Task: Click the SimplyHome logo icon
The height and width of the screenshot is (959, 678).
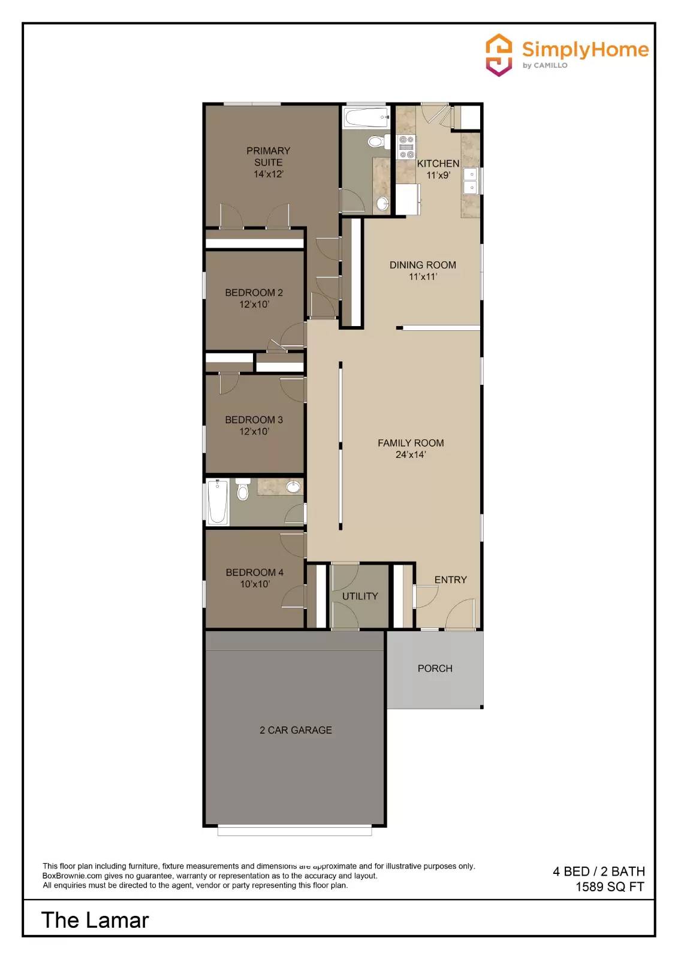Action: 499,55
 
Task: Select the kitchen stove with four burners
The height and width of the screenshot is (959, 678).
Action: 406,147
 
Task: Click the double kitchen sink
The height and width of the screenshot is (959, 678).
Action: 472,180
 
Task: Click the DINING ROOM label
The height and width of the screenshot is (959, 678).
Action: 423,265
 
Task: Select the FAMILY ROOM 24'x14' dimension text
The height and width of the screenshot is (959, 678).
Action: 411,455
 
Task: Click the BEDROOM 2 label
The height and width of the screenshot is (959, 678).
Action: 254,292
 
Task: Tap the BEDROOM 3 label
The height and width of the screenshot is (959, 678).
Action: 254,420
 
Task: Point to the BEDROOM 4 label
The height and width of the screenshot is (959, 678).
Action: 254,572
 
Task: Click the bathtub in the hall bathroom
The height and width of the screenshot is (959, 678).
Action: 218,502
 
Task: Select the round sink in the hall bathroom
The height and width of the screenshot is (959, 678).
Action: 293,487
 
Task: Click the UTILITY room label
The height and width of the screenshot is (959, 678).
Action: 360,596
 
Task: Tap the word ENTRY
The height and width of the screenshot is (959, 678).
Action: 450,580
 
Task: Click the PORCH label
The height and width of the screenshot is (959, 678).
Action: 435,668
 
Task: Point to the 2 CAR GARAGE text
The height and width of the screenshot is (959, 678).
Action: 296,730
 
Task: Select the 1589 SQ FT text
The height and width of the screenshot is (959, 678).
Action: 610,887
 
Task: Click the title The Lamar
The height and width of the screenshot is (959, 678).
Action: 95,920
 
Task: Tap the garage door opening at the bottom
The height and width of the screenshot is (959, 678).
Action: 294,831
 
